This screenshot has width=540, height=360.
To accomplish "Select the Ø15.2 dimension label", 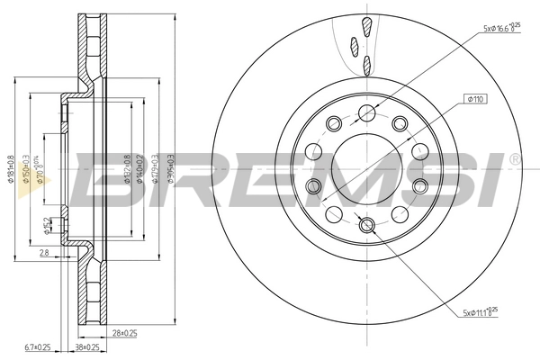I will pos(47,226).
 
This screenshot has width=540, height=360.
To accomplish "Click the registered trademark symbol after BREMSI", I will pos(514,159).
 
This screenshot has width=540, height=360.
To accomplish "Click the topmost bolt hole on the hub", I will pos(367,112).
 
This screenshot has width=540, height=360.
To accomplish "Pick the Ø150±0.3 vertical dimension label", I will pos(27,168).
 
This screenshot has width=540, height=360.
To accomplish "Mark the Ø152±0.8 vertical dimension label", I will pos(126,168).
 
